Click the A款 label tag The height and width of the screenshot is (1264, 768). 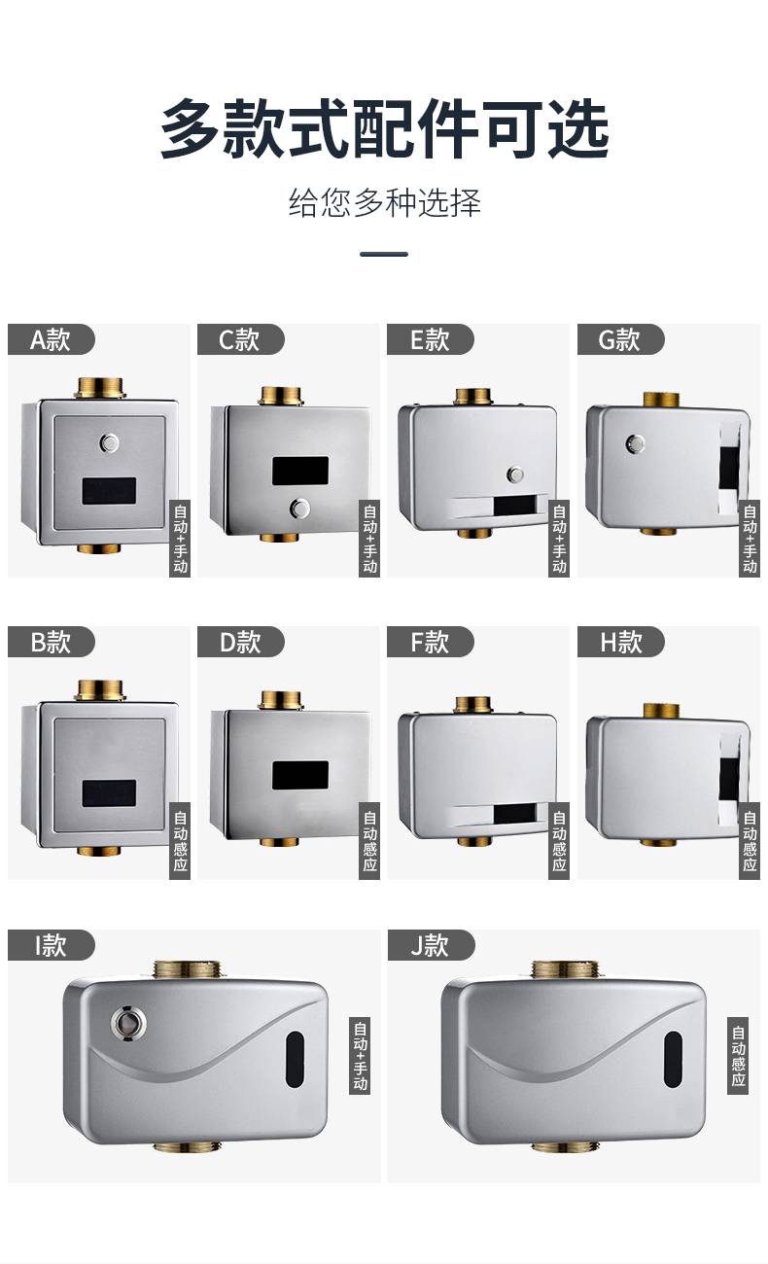tap(52, 339)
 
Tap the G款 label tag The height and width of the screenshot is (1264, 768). tap(621, 339)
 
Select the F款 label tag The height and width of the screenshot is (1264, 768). tap(431, 642)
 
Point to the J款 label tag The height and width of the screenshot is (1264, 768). tap(431, 945)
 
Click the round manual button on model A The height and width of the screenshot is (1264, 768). tap(109, 443)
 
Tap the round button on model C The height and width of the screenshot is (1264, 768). tap(299, 509)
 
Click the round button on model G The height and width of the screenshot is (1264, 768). tap(636, 443)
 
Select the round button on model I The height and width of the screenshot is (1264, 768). tap(128, 1022)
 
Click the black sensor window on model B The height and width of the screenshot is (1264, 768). tap(109, 793)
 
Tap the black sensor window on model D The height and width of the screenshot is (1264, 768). tap(300, 775)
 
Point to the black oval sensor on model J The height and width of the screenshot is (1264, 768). tap(673, 1060)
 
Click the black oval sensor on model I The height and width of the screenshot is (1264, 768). tap(296, 1060)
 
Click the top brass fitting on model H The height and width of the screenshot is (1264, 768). tap(661, 711)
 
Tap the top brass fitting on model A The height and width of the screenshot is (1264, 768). tap(100, 388)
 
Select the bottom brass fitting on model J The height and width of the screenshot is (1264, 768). tap(566, 1146)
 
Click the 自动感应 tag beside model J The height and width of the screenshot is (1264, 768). tap(738, 1055)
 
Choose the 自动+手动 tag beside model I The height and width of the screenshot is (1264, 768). tap(360, 1055)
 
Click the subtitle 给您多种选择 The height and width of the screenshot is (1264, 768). tap(385, 202)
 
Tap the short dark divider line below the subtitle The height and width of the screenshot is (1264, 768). tap(384, 254)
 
